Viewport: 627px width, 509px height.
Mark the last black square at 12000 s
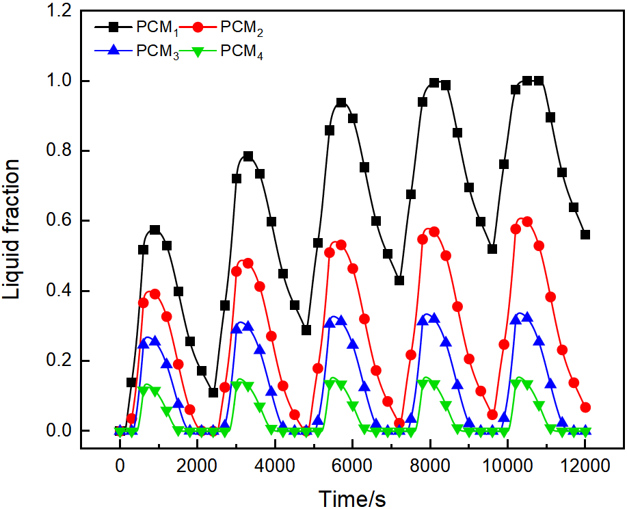click(x=585, y=235)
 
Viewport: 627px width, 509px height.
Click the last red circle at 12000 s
click(x=585, y=407)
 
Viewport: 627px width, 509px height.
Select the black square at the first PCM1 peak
click(x=155, y=230)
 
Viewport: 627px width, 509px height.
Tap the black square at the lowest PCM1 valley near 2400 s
click(x=213, y=393)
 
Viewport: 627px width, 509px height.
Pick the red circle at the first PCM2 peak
click(x=155, y=293)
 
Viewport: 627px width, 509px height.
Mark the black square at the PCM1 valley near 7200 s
click(x=399, y=280)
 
